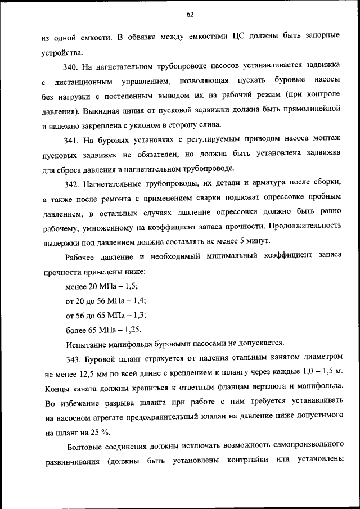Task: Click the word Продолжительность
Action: pos(304,227)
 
